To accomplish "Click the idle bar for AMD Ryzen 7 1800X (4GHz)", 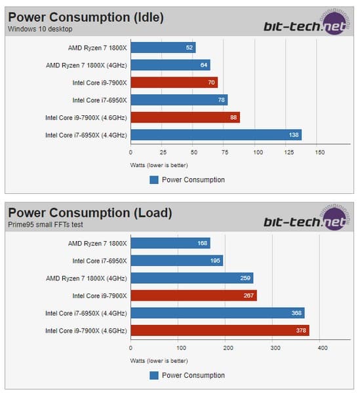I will tap(170, 65).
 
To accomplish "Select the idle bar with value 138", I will tap(216, 135).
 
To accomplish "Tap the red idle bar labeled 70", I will tap(174, 83).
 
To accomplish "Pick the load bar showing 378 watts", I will tap(220, 330).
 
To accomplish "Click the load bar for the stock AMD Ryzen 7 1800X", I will tap(170, 243).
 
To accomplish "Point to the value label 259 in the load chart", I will tap(245, 278).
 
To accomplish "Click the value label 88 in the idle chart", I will tap(233, 117).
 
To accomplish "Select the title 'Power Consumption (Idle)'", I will tap(85, 17).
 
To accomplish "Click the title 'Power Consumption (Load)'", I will tap(90, 213).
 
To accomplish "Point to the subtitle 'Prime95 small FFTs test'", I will tap(45, 225).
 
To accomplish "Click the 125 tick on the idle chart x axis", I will tap(289, 152).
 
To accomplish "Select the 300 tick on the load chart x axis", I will tap(275, 348).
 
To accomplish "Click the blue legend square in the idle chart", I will tap(153, 179).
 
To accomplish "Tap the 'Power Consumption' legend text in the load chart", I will tap(194, 375).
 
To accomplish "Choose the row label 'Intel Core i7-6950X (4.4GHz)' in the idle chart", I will tap(85, 135).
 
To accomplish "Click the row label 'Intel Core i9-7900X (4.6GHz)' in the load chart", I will tap(85, 330).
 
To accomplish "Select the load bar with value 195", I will tap(176, 261).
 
